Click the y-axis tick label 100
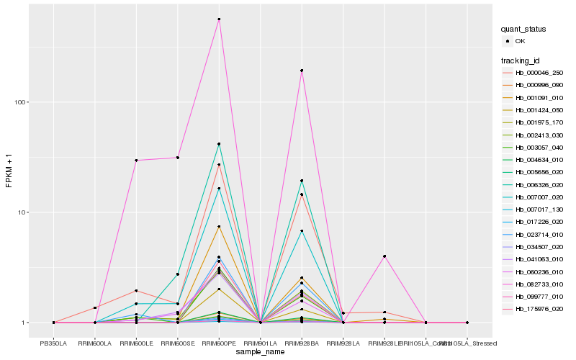point(20,102)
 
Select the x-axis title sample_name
point(261,352)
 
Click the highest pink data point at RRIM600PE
point(219,19)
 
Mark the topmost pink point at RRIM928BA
point(302,71)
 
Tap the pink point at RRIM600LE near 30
point(136,160)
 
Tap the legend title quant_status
point(524,29)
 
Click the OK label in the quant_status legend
point(520,41)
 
